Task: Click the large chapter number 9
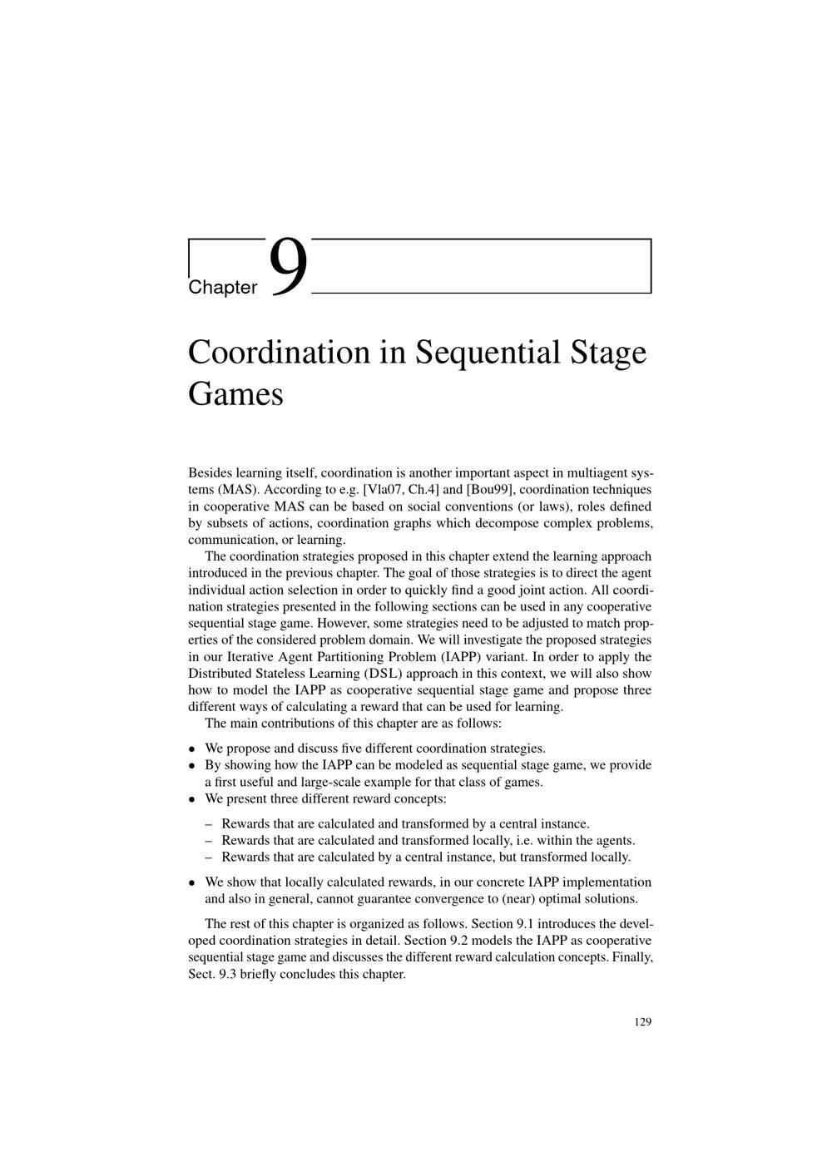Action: tap(289, 267)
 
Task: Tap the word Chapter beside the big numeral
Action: tap(223, 288)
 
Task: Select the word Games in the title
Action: tap(235, 393)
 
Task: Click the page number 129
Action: tap(642, 1022)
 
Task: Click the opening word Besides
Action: tap(210, 473)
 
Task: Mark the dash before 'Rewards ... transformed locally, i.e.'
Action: tap(209, 841)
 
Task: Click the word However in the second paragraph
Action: tap(343, 623)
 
